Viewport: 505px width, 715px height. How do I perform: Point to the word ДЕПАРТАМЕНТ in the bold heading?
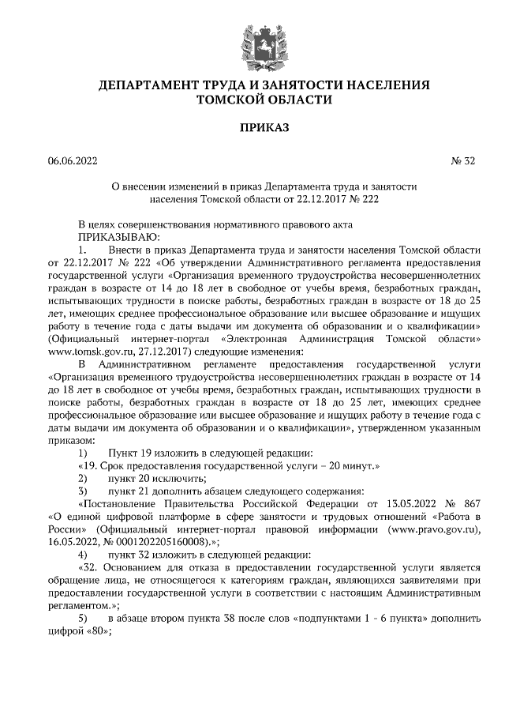point(149,85)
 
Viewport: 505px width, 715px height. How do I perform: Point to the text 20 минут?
point(353,466)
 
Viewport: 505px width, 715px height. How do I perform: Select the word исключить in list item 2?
point(184,479)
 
